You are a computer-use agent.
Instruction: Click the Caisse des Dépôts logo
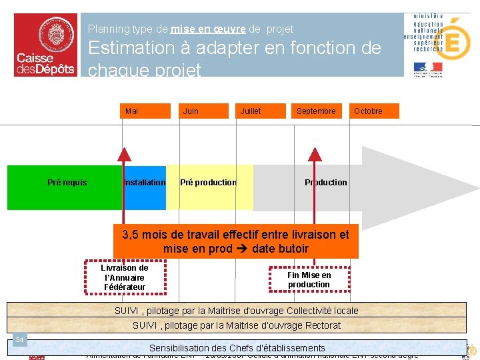(x=45, y=45)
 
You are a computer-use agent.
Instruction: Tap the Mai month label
(x=132, y=111)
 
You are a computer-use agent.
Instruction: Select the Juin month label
(x=191, y=111)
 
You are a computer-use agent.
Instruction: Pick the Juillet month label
(x=251, y=111)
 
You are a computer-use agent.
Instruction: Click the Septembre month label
(x=316, y=111)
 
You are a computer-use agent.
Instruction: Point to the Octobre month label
(x=368, y=111)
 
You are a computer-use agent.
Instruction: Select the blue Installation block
(x=145, y=183)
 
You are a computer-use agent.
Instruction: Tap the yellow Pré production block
(x=209, y=183)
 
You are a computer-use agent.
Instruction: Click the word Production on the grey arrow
(x=326, y=183)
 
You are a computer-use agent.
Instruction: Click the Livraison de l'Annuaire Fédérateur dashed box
(x=125, y=278)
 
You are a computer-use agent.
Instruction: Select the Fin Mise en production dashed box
(x=309, y=280)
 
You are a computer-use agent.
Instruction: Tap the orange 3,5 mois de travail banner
(x=235, y=241)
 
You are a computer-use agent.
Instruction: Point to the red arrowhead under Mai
(x=123, y=153)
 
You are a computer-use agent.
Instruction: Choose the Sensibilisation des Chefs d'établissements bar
(x=237, y=348)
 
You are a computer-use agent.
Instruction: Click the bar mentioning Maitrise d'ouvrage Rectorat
(x=237, y=325)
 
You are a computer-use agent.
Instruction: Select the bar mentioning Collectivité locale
(x=237, y=311)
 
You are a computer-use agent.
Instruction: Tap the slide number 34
(x=20, y=341)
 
